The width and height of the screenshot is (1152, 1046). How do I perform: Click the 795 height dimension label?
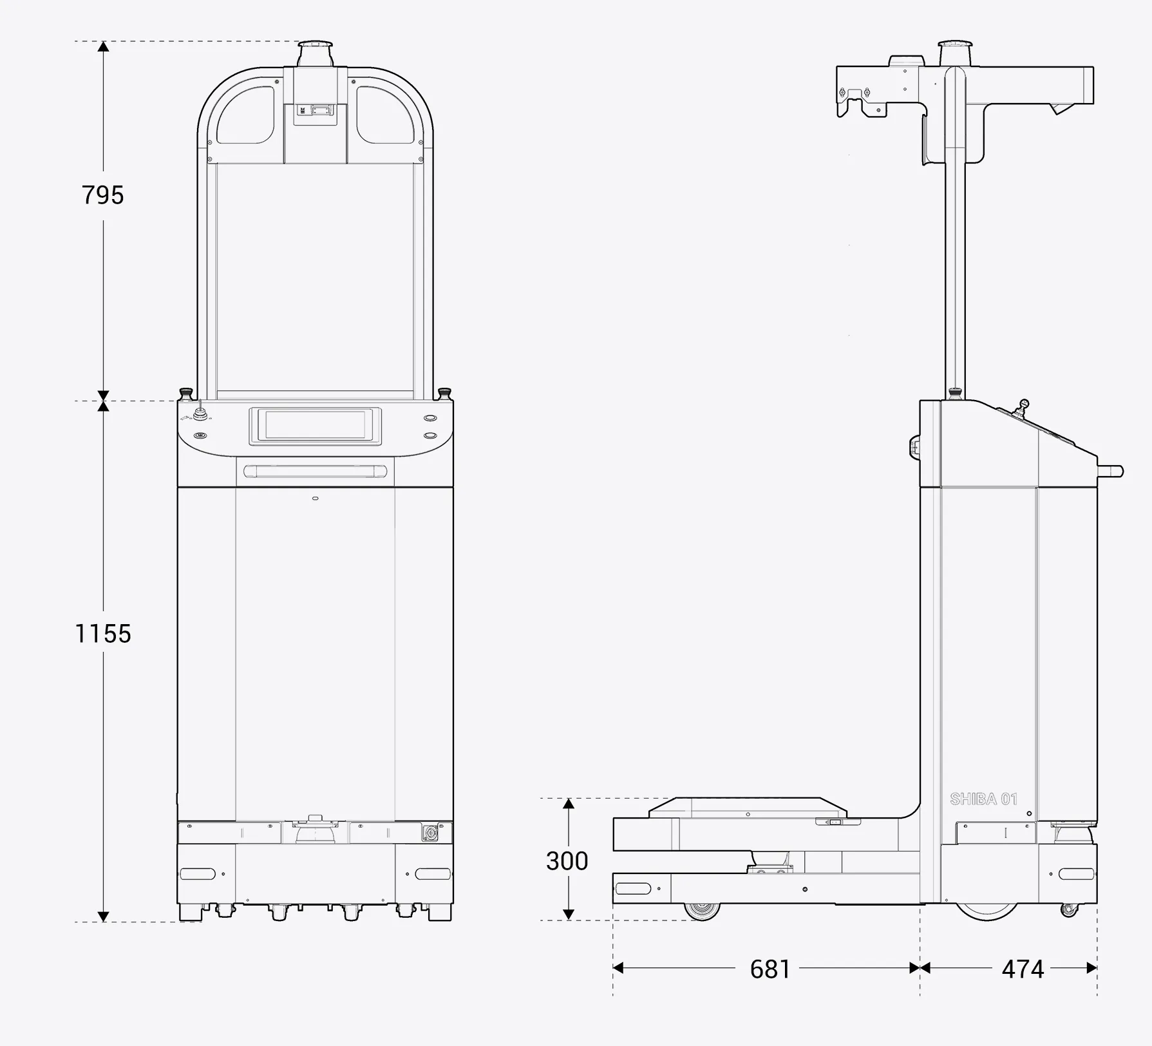(102, 195)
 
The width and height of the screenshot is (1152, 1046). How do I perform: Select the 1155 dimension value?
(103, 634)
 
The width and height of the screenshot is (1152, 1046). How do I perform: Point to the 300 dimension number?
(567, 861)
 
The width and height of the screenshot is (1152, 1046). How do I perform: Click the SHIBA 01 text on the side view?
(984, 799)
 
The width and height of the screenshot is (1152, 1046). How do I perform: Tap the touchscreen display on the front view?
(315, 426)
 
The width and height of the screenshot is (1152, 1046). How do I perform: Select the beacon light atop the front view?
(315, 53)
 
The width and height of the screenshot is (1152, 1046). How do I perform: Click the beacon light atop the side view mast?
(954, 53)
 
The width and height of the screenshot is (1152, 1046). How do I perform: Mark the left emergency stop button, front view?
(187, 392)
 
